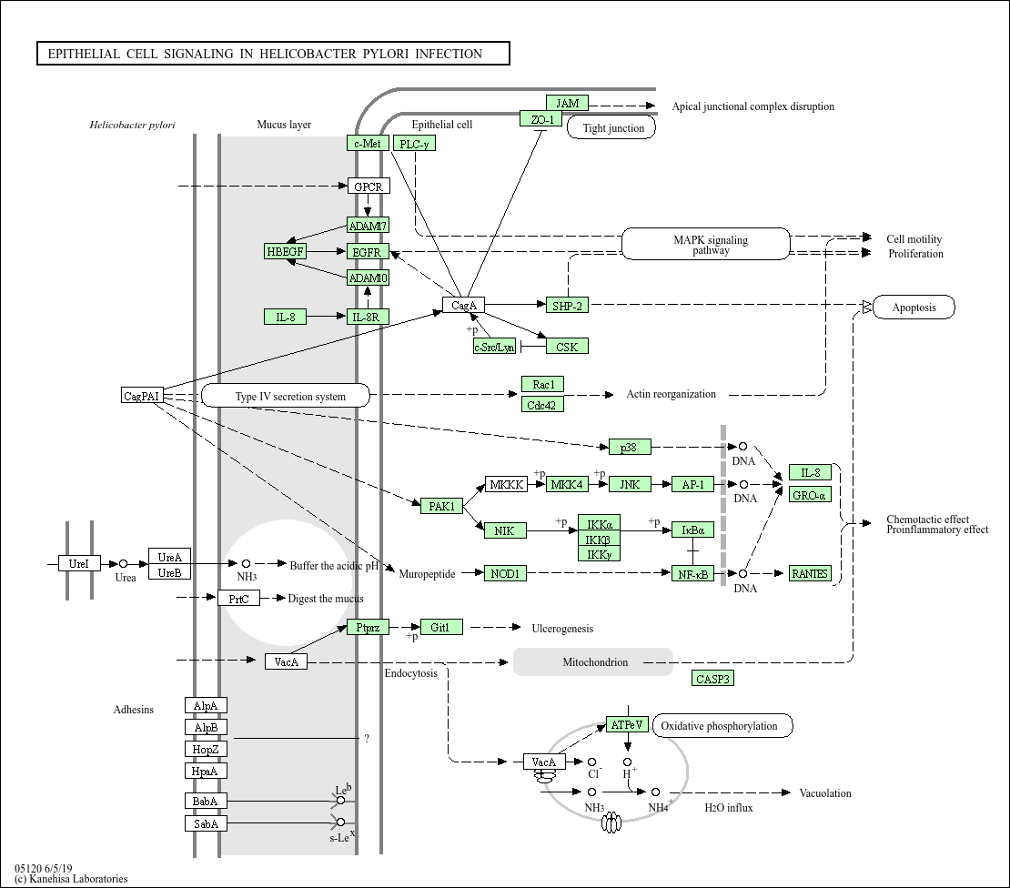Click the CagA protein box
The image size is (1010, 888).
point(464,305)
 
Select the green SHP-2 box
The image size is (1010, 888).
point(566,306)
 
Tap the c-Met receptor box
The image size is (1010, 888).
point(368,143)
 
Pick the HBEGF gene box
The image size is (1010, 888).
point(285,251)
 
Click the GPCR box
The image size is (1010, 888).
point(368,187)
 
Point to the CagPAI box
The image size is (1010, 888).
point(142,396)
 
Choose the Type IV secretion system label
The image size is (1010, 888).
point(286,396)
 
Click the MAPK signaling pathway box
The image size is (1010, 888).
point(706,245)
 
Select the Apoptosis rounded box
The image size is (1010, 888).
point(914,308)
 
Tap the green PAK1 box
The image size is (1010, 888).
point(442,506)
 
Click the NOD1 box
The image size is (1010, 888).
point(504,573)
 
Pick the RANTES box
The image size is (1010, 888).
point(810,573)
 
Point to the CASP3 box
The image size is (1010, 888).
point(712,679)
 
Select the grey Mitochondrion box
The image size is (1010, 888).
point(593,662)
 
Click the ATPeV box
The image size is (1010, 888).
point(626,725)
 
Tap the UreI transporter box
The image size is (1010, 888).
point(79,564)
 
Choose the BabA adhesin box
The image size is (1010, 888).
point(206,802)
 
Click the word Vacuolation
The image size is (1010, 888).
point(825,793)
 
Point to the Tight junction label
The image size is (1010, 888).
point(612,128)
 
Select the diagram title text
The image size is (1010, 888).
point(265,54)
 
